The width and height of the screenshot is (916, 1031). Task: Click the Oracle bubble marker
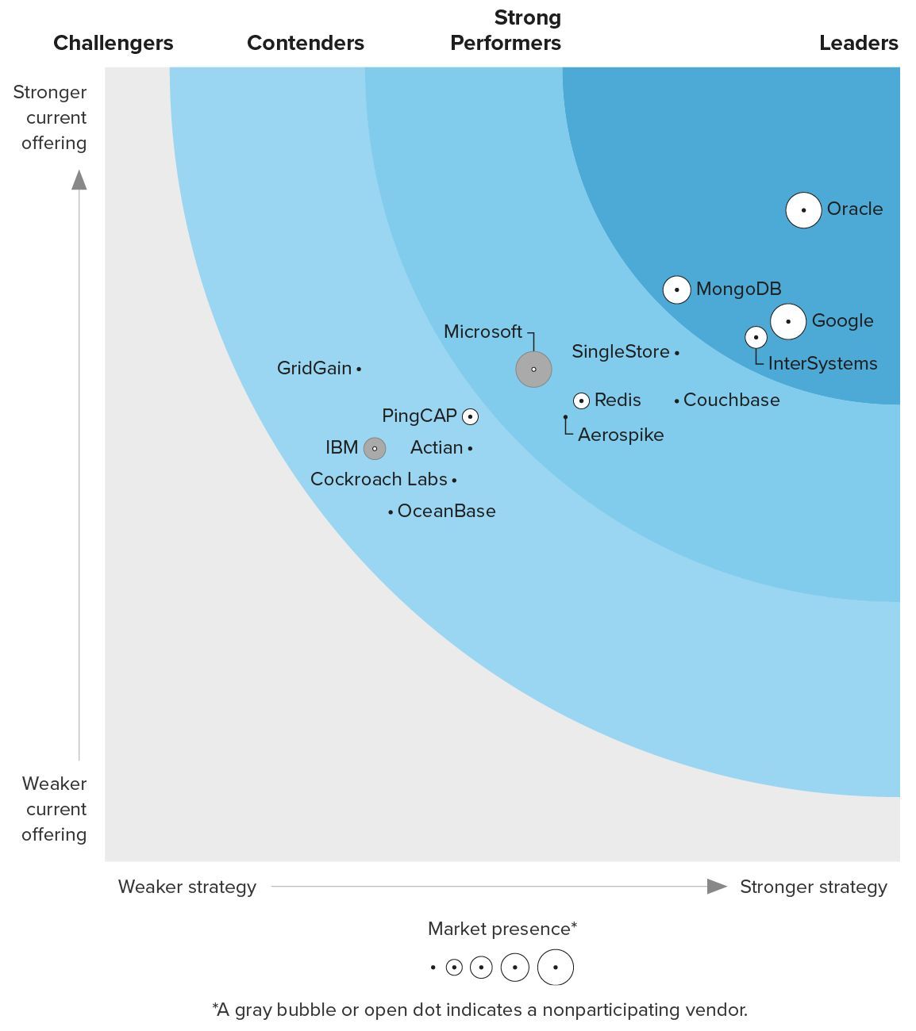coord(803,210)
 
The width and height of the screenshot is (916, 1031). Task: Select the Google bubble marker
coord(788,321)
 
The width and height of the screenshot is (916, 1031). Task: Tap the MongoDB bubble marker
coord(676,290)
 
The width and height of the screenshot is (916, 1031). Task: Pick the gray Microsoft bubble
coord(533,370)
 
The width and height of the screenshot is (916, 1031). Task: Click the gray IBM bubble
coord(375,449)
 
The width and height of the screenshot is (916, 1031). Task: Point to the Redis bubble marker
coord(582,401)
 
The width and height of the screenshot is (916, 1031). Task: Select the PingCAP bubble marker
coord(471,416)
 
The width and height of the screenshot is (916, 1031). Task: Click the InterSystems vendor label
coord(822,363)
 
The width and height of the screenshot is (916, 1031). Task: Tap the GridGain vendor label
coord(314,368)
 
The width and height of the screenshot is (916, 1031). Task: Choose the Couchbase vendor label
coord(731,400)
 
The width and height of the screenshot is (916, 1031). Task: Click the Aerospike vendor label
coord(621,435)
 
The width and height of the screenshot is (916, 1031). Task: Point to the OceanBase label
coord(446,511)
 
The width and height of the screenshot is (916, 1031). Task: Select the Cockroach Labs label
coord(379,479)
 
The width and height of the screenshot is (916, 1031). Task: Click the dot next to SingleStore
coord(677,353)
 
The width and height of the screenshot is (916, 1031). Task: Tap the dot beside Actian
coord(471,449)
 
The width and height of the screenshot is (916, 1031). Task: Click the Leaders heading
coord(859,43)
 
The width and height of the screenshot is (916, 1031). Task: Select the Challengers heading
coord(114,43)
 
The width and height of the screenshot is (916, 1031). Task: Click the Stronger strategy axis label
coord(814,887)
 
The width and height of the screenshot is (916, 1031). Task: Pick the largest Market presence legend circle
coord(556,968)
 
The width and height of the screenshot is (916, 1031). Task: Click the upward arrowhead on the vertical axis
coord(79,180)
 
